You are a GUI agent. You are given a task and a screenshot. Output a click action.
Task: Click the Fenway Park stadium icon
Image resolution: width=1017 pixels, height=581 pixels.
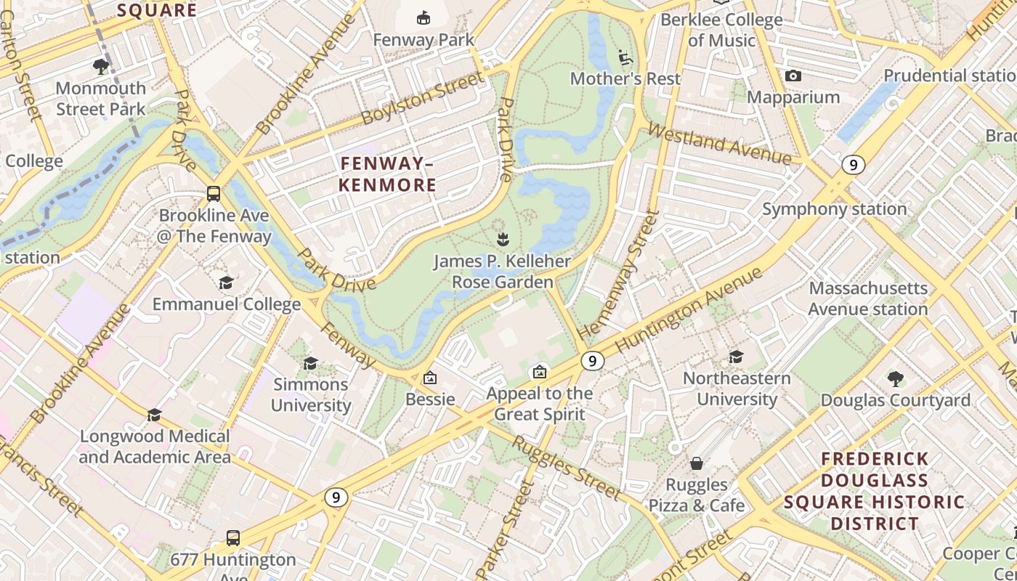(423, 17)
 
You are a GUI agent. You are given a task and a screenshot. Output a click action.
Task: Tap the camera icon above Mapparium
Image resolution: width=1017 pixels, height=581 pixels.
(793, 76)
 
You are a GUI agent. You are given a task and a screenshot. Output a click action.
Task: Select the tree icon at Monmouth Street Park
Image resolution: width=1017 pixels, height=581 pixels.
(101, 67)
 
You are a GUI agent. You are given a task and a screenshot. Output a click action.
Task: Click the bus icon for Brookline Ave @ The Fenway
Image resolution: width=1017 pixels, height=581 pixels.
(214, 194)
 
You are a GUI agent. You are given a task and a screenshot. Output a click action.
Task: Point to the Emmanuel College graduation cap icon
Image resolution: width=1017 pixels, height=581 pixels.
(227, 283)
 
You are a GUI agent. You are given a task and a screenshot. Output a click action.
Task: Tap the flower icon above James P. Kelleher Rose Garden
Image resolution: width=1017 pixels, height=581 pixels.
(502, 238)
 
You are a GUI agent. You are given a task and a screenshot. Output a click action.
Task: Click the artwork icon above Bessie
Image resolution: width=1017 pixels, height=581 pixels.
(430, 378)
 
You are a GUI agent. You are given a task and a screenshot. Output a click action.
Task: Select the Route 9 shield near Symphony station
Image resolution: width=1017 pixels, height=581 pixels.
(854, 165)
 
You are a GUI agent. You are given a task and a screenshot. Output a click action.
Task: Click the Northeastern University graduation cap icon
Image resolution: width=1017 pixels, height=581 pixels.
(736, 357)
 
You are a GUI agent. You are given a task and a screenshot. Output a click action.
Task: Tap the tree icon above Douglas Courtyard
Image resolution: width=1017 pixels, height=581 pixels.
(895, 378)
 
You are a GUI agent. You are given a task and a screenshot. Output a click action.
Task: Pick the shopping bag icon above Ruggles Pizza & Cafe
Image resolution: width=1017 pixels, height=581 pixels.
(696, 463)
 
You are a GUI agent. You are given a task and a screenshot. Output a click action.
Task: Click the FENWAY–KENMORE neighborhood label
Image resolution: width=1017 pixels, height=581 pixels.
(387, 174)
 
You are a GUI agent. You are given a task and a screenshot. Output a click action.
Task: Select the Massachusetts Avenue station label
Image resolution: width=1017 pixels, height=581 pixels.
(868, 298)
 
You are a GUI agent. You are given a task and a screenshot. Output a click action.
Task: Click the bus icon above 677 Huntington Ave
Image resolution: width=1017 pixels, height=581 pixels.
(233, 538)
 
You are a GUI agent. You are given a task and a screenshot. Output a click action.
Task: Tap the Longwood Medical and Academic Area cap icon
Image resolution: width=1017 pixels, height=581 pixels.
(154, 415)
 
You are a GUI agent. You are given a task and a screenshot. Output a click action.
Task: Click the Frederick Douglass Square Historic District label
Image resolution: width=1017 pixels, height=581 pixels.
(874, 491)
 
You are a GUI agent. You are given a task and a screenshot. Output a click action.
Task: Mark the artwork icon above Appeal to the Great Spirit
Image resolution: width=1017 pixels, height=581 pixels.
(539, 372)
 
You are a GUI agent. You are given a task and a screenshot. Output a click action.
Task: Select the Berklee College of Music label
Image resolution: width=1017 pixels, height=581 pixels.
(721, 30)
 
